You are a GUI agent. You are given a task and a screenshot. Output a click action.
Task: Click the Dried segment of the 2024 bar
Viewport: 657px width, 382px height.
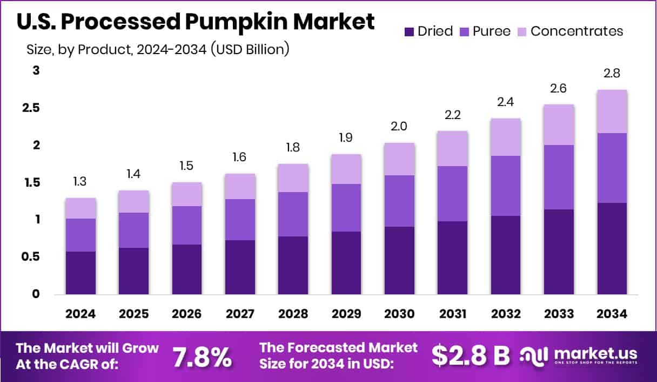coord(81,273)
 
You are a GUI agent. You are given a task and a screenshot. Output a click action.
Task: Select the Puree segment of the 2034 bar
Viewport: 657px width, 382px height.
coord(612,168)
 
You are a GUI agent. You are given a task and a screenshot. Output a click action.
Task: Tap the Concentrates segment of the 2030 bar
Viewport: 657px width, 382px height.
coord(399,159)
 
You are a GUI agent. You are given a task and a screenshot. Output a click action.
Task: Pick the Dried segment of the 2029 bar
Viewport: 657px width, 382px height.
coord(346,263)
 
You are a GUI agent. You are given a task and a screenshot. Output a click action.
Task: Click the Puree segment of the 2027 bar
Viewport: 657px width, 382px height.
coord(240,220)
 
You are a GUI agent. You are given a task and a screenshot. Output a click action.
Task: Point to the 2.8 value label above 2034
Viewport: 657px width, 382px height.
coord(612,73)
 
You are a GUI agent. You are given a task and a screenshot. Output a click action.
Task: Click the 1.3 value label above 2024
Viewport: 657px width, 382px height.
coord(81,181)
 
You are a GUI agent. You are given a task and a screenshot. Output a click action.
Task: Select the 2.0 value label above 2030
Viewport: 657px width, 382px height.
coord(399,126)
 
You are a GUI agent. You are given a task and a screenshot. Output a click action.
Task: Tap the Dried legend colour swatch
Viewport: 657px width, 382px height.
coord(409,31)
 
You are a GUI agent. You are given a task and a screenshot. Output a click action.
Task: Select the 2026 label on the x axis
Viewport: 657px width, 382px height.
coord(187,314)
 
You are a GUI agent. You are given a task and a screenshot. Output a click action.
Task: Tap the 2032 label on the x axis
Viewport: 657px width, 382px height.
coord(506,314)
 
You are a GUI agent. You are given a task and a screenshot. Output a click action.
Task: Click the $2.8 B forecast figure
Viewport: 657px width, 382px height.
coord(471,355)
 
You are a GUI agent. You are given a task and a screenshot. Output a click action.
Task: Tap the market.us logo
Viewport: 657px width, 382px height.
coord(579,355)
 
